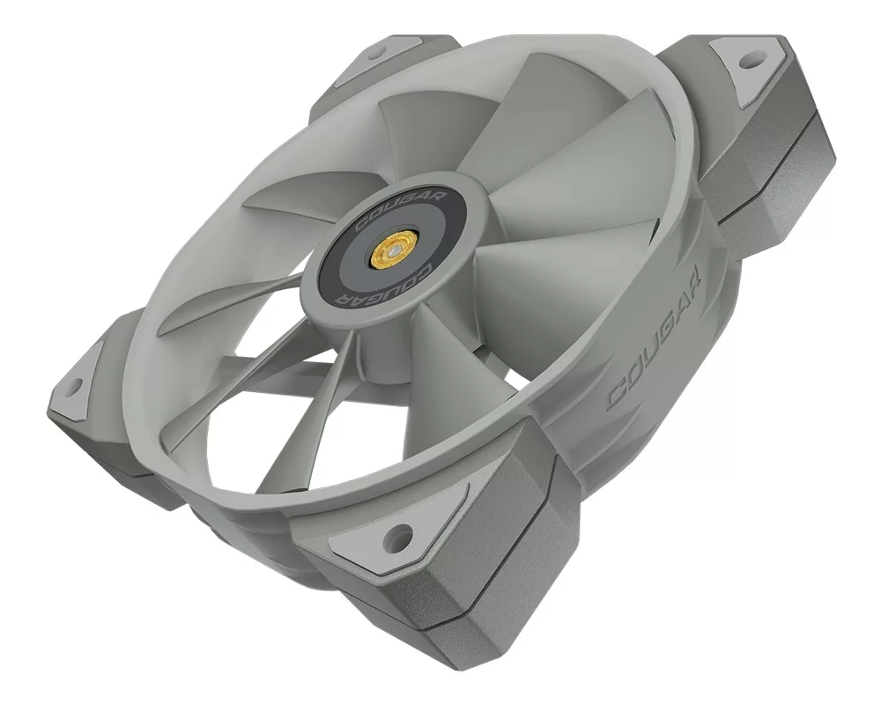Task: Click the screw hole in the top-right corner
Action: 748,62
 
